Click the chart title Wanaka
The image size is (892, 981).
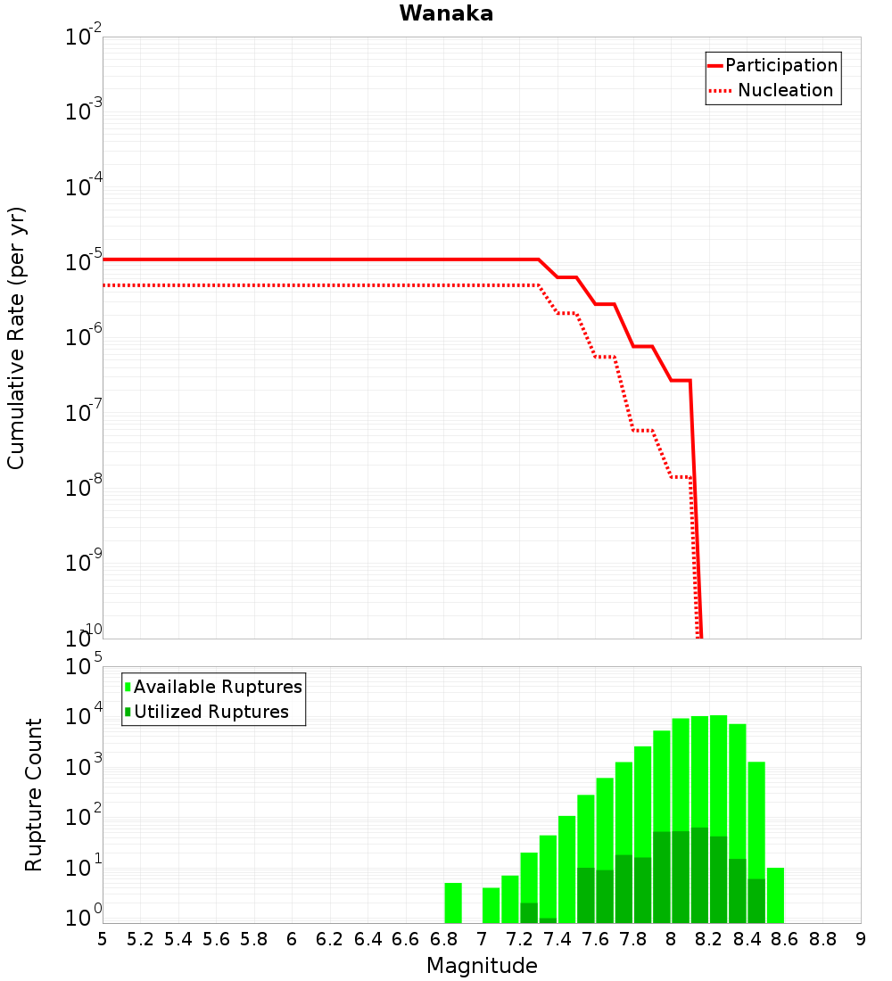coord(446,13)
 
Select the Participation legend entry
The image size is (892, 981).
coord(780,65)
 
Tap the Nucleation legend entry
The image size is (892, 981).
coord(785,90)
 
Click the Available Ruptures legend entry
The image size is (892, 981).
coord(218,687)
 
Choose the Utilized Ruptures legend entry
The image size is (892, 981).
coord(211,712)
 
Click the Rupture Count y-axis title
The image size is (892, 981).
coord(34,794)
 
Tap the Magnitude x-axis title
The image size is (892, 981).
coord(482,965)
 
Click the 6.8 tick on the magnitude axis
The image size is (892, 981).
coord(444,938)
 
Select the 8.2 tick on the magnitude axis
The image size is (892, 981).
coord(709,938)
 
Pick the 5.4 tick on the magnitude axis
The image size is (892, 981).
coord(178,938)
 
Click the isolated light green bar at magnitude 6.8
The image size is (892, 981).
coord(453,903)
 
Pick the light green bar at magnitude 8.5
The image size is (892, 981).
coord(775,895)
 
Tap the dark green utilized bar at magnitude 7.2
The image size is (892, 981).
coord(529,912)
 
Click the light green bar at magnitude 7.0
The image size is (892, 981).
coord(491,904)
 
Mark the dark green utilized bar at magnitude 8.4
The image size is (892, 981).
coord(756,901)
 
